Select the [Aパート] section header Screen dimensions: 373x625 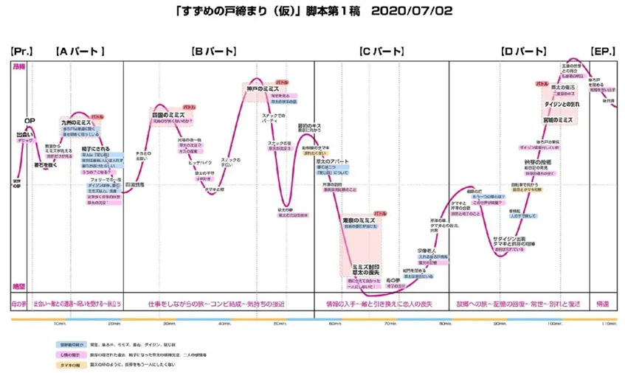click(80, 51)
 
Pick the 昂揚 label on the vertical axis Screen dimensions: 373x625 click(18, 66)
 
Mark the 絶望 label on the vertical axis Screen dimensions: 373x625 click(18, 286)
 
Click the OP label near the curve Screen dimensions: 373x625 click(30, 120)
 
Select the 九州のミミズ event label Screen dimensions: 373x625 click(77, 122)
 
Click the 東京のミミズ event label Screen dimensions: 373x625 click(359, 220)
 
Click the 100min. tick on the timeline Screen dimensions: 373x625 click(555, 324)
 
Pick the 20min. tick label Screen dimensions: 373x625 click(114, 324)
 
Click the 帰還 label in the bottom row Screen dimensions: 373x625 click(603, 303)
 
